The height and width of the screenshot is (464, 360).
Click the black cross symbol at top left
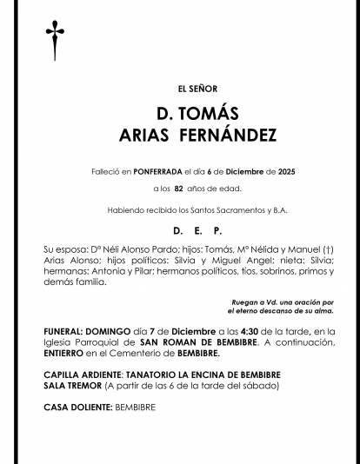pyautogui.click(x=56, y=41)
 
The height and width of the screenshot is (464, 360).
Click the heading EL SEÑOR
pyautogui.click(x=197, y=89)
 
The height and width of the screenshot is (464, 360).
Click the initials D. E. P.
pyautogui.click(x=197, y=231)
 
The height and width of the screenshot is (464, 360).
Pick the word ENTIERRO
pyautogui.click(x=68, y=354)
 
